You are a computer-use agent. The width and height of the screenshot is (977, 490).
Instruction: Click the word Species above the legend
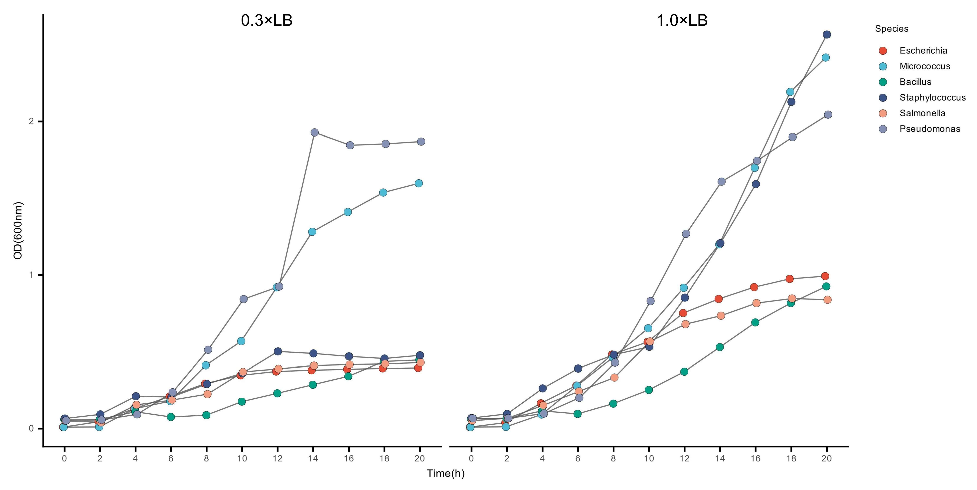(x=892, y=29)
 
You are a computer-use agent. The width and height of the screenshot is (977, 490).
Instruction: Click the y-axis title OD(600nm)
(x=18, y=231)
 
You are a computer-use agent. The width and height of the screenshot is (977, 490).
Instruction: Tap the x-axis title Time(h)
(x=446, y=473)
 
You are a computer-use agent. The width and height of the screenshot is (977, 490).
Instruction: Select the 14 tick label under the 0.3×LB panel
(x=313, y=459)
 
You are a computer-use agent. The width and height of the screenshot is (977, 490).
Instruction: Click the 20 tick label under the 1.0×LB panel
(x=826, y=459)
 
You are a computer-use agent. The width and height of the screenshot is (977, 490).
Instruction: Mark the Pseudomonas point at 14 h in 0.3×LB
(x=314, y=132)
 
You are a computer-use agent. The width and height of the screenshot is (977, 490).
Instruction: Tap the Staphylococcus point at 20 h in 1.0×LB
(x=827, y=35)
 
